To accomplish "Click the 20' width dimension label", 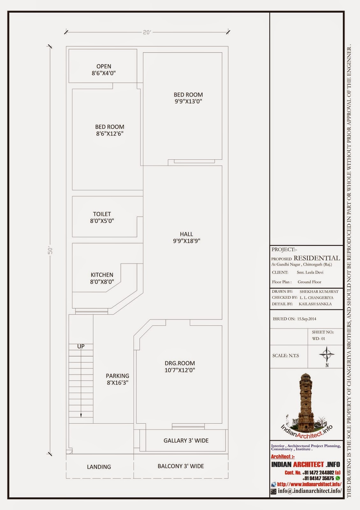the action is coord(147,32).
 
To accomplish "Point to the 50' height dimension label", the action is coord(50,251).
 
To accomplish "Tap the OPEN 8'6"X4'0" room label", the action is coord(104,70).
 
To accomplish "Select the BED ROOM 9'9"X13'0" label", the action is coord(188,98).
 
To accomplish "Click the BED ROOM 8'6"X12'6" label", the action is coord(110,130).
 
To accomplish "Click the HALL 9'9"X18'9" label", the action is coord(187,237).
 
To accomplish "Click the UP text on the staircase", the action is coord(81,346).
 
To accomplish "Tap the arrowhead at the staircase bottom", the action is coord(81,416).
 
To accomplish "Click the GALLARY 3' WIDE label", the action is coord(186,441).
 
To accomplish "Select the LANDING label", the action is coord(99,467).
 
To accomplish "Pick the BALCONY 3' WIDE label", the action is coord(181,466).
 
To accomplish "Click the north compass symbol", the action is coord(327,355).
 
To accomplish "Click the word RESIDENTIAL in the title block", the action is coord(317,258).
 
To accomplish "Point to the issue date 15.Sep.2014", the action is coord(306,319).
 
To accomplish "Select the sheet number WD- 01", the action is coord(319,339).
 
